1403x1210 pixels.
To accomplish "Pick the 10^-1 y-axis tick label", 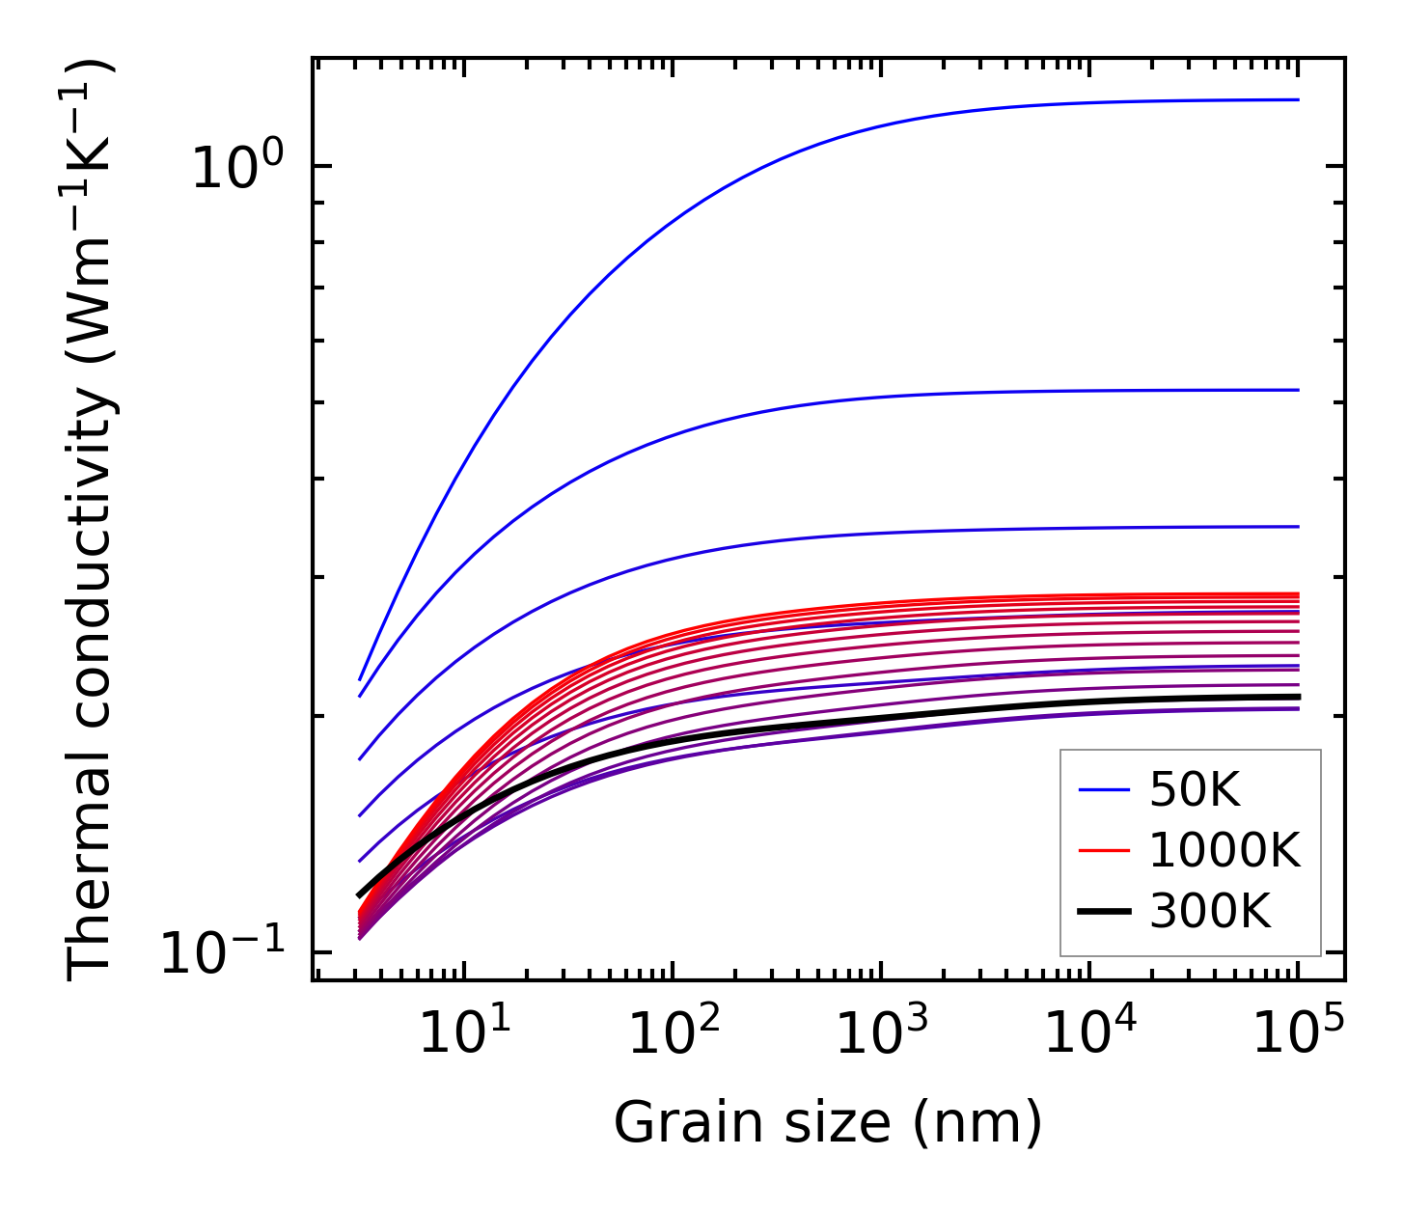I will (x=222, y=953).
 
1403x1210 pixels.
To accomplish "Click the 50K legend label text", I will (x=1195, y=791).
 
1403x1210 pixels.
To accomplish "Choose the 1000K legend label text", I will (x=1224, y=851).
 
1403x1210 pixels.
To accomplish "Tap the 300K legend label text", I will (x=1210, y=911).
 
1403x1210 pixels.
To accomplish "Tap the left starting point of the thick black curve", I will (x=359, y=895).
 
